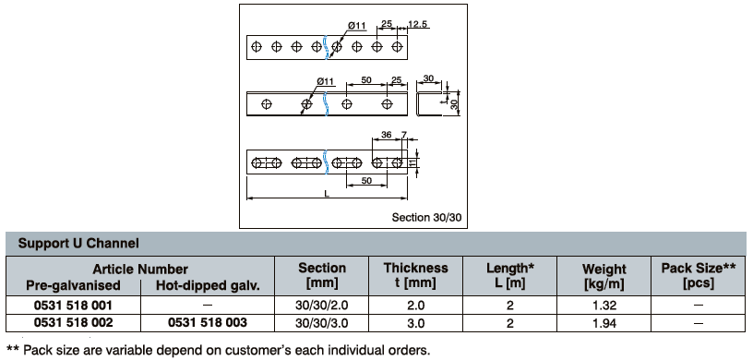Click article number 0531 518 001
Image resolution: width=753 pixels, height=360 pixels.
point(73,306)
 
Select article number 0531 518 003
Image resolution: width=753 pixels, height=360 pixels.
point(208,322)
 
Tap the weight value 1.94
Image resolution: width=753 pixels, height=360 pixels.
point(604,323)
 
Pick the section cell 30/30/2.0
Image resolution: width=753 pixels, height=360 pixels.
point(322,306)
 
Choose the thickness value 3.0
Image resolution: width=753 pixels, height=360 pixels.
point(415,323)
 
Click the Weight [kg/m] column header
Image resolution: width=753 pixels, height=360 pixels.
point(604,276)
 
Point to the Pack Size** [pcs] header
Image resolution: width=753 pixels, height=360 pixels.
point(699,275)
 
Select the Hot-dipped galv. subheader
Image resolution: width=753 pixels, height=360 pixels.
point(208,285)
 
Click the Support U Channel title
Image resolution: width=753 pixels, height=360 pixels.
point(78,243)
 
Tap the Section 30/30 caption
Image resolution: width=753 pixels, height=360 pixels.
point(426,217)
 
